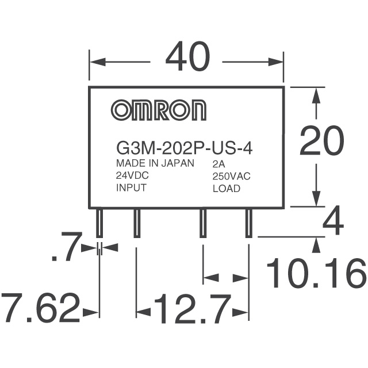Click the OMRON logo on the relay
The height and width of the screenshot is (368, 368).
tap(159, 110)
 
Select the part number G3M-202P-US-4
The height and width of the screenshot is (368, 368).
tap(184, 148)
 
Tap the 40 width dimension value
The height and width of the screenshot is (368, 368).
tap(187, 56)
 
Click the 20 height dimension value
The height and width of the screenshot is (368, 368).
tap(322, 141)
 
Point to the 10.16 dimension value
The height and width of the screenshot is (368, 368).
tap(316, 273)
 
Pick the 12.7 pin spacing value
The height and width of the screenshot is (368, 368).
tap(191, 309)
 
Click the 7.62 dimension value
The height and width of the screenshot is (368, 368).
tap(40, 308)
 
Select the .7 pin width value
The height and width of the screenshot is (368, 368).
tap(67, 247)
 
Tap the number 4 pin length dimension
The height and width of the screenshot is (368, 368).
tap(333, 220)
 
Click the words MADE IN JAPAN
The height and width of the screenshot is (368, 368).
tap(155, 163)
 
